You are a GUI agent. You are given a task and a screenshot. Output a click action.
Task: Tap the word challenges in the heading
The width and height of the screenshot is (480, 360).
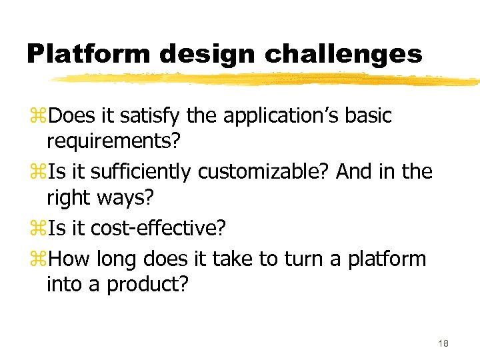click(344, 53)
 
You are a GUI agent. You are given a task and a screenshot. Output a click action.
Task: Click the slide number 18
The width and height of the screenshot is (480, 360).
click(443, 343)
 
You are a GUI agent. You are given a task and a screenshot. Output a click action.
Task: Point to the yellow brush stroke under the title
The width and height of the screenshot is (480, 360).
click(267, 80)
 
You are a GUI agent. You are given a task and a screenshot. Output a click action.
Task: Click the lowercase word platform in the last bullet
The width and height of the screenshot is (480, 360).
click(387, 259)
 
